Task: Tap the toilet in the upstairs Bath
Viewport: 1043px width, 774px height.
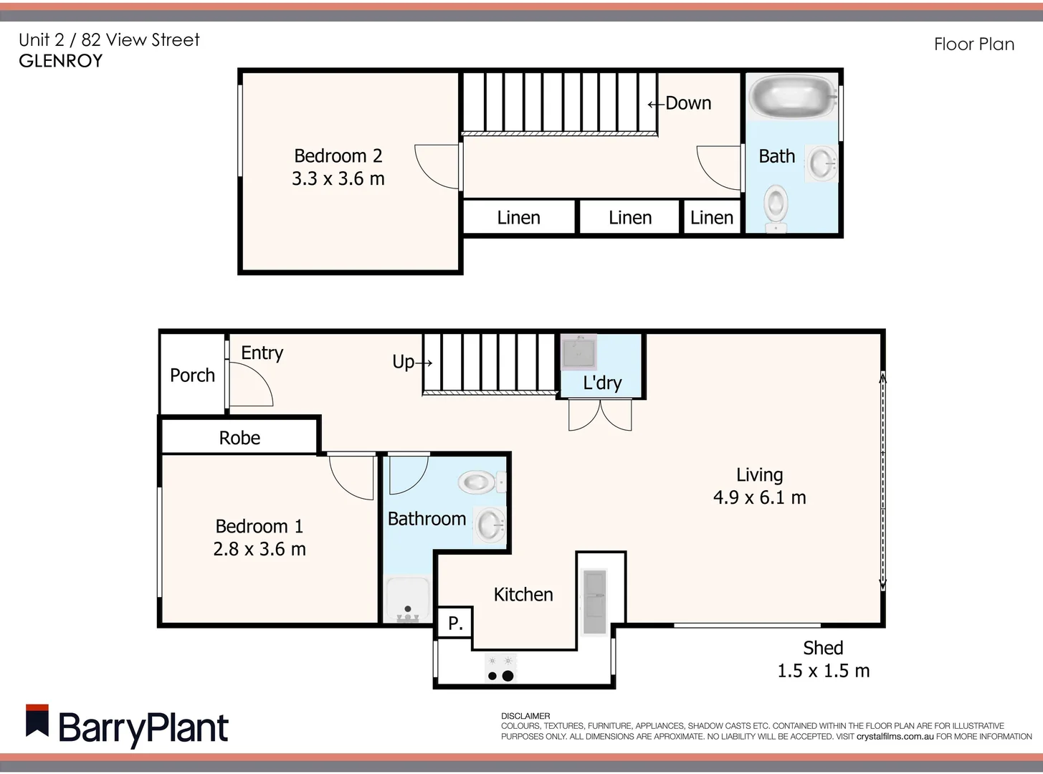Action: tap(776, 206)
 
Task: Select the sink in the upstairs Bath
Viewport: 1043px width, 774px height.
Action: tap(821, 163)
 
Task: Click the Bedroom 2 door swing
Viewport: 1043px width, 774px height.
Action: tap(434, 166)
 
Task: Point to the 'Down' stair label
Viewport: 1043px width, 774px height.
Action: tap(687, 103)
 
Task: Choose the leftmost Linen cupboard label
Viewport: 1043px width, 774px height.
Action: tap(518, 218)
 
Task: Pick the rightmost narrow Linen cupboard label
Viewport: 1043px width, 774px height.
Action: tap(711, 218)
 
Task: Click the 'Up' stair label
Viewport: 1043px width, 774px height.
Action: tap(404, 362)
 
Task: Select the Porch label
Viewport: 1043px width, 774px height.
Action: tap(192, 375)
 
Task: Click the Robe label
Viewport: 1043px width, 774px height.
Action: tap(239, 438)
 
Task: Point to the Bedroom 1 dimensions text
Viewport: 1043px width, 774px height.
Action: tap(259, 549)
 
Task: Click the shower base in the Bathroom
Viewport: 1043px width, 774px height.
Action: tap(407, 601)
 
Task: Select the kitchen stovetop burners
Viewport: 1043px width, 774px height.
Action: tap(500, 669)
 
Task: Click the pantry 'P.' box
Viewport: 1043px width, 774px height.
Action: tap(454, 623)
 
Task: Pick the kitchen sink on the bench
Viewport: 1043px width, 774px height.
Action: tap(594, 601)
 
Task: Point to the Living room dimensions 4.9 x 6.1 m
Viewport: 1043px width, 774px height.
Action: tap(759, 497)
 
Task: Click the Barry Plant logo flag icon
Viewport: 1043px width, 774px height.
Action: tap(37, 721)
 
